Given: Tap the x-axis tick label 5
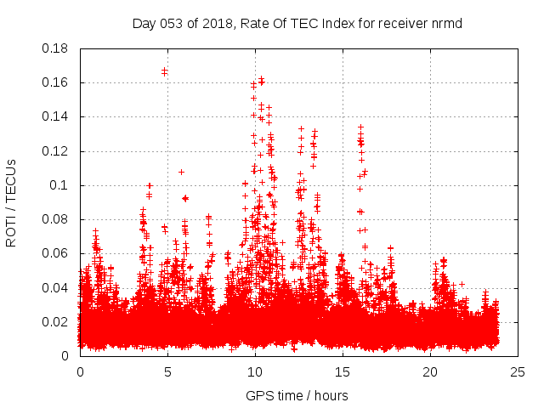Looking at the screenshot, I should (x=167, y=371).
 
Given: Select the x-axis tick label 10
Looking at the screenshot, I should (x=255, y=371).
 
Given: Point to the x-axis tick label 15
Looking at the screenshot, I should (x=343, y=371).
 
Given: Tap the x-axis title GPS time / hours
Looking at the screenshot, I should (x=297, y=395).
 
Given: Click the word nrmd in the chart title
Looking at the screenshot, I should (x=446, y=22).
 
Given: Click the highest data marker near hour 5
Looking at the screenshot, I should (x=164, y=71).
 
